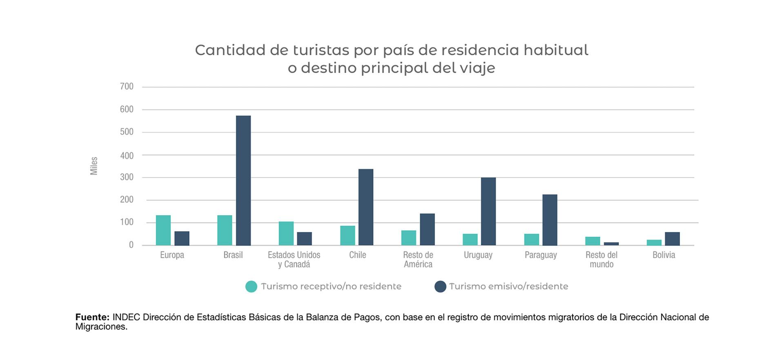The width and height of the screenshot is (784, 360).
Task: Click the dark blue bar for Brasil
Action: click(243, 180)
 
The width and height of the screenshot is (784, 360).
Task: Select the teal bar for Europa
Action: click(163, 230)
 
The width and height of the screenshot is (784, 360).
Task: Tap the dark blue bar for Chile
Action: click(366, 207)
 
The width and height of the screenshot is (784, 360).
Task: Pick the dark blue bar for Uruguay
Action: click(488, 211)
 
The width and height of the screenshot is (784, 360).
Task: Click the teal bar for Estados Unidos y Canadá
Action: click(286, 233)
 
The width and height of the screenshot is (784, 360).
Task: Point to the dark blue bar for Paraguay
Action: click(550, 220)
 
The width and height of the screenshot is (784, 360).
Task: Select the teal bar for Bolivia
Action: click(654, 242)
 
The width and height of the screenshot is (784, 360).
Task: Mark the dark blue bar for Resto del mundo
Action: click(611, 244)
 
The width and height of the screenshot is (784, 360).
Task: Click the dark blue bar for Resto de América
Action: click(427, 229)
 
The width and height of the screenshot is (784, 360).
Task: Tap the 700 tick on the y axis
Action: click(127, 87)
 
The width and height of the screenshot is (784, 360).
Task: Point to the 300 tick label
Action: click(127, 177)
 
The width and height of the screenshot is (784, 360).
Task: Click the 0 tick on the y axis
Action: click(131, 245)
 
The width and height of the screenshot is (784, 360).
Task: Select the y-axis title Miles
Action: click(94, 166)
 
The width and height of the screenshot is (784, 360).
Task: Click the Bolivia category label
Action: click(664, 255)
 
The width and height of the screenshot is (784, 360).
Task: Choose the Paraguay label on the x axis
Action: click(541, 255)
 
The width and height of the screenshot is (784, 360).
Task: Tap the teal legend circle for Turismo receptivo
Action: click(251, 287)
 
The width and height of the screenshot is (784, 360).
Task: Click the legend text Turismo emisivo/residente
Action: click(508, 287)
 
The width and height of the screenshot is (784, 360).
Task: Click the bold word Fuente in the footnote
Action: click(92, 317)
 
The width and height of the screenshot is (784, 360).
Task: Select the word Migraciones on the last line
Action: click(101, 327)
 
